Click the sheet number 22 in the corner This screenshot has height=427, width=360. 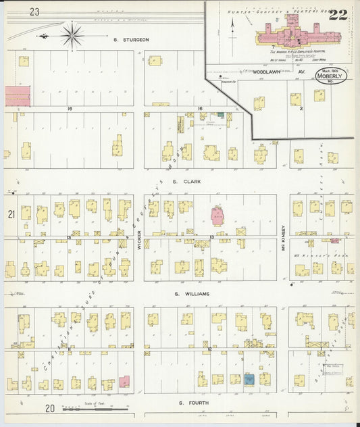point(338,14)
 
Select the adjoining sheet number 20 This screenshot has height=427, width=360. point(50,408)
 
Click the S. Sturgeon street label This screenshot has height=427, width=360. point(131,40)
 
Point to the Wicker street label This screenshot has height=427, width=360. point(138,237)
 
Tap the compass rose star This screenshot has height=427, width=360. point(72,34)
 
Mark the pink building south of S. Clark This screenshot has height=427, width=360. point(218,216)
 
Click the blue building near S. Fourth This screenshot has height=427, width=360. point(249,380)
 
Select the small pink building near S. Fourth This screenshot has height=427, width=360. point(124,382)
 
